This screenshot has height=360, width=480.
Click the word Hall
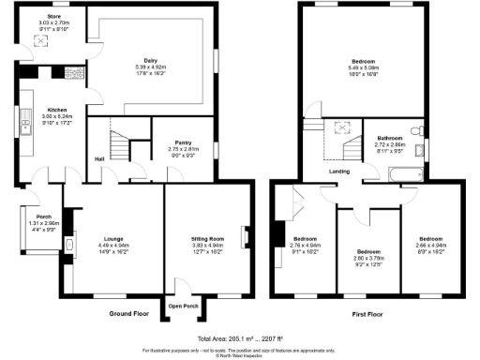[98, 157]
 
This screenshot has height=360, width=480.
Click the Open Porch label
[183, 306]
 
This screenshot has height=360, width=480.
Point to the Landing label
[340, 171]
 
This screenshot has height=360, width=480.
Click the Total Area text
[240, 337]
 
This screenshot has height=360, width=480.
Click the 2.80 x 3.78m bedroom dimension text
[368, 258]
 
